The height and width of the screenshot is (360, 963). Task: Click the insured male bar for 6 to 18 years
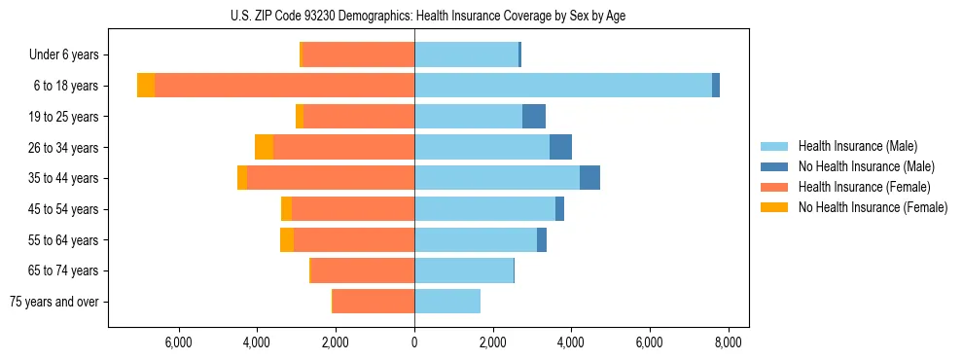pos(563,86)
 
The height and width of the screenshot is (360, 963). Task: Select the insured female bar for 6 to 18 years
pos(284,86)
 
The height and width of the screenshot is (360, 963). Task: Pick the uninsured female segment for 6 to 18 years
pos(146,86)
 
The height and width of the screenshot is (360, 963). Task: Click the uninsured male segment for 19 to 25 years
pos(534,117)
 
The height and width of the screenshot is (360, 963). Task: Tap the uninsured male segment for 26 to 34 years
pos(560,147)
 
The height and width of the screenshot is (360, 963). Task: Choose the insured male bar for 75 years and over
pos(447,302)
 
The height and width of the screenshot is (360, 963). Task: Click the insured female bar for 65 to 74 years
pos(363,270)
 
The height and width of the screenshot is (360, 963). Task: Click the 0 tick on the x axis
pos(414,342)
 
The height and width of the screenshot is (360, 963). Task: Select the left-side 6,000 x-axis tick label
pos(178,342)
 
